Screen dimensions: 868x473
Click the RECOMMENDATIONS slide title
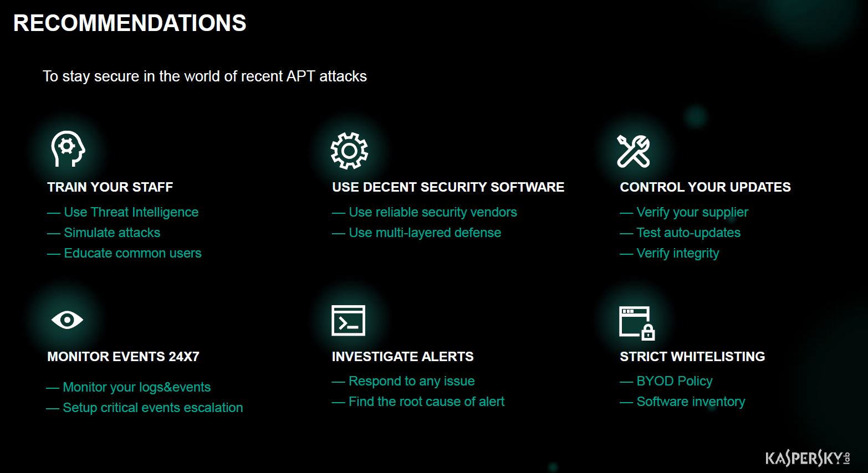click(x=130, y=23)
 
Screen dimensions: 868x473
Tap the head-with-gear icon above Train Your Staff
click(x=68, y=148)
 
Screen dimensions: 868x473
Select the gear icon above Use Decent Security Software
click(x=349, y=151)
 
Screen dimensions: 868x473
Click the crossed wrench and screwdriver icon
click(x=633, y=151)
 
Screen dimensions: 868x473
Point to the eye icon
click(x=67, y=320)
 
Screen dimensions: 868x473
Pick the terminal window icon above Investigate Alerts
click(x=348, y=321)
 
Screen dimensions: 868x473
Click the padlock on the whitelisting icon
click(x=648, y=332)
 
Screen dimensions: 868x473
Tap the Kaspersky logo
click(x=808, y=458)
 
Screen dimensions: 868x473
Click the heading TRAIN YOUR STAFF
click(x=110, y=187)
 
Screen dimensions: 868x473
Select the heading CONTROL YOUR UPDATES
click(x=705, y=187)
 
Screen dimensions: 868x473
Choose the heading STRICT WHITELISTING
click(x=692, y=356)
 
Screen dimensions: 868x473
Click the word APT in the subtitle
click(x=300, y=76)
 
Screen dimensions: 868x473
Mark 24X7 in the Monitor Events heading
click(x=183, y=356)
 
